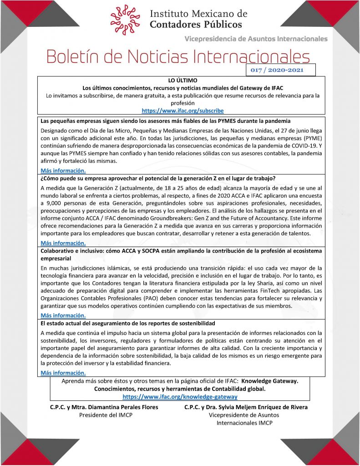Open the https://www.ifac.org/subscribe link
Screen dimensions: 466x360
183,111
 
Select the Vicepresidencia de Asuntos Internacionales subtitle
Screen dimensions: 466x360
256,39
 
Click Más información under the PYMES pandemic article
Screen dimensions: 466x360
63,171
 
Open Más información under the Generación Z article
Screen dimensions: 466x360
63,243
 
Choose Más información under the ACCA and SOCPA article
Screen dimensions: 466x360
63,315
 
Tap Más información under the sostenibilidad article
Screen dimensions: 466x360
63,373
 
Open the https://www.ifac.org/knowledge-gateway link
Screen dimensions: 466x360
180,397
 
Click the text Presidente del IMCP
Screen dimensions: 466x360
106,415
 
